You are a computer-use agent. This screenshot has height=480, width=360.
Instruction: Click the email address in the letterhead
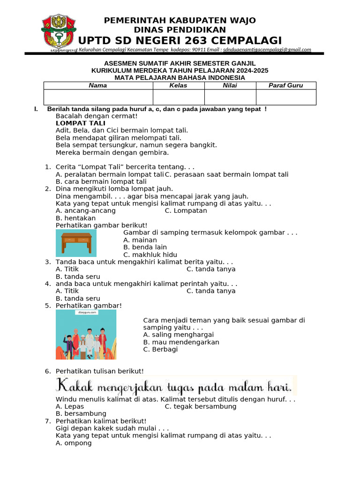coord(267,50)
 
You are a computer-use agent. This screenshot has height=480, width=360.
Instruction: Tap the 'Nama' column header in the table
coord(98,85)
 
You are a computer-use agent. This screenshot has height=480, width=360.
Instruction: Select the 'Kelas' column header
coord(178,85)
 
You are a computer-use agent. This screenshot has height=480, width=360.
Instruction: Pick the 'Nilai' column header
coord(230,85)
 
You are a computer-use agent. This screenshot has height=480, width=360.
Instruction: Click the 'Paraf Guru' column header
coord(285,85)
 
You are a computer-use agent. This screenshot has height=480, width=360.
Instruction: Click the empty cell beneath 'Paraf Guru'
coord(285,97)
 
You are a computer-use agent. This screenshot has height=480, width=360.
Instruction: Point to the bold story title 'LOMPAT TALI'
coord(80,123)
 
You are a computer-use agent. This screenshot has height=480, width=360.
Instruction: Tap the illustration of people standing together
coord(86,335)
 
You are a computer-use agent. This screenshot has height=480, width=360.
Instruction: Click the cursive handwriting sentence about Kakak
coord(174,386)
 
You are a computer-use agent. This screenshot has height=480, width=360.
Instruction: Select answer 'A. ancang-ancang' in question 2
coord(85,211)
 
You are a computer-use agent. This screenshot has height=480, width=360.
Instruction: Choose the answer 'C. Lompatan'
coord(186,211)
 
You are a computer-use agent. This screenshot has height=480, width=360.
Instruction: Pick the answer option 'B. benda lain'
coord(145,247)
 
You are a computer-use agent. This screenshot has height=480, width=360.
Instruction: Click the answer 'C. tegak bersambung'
coord(201,406)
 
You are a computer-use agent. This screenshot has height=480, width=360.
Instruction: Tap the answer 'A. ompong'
coord(74,443)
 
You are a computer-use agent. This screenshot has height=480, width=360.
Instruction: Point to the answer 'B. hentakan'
coord(75,218)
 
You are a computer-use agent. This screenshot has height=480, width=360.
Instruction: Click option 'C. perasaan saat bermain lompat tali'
coord(226,174)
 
